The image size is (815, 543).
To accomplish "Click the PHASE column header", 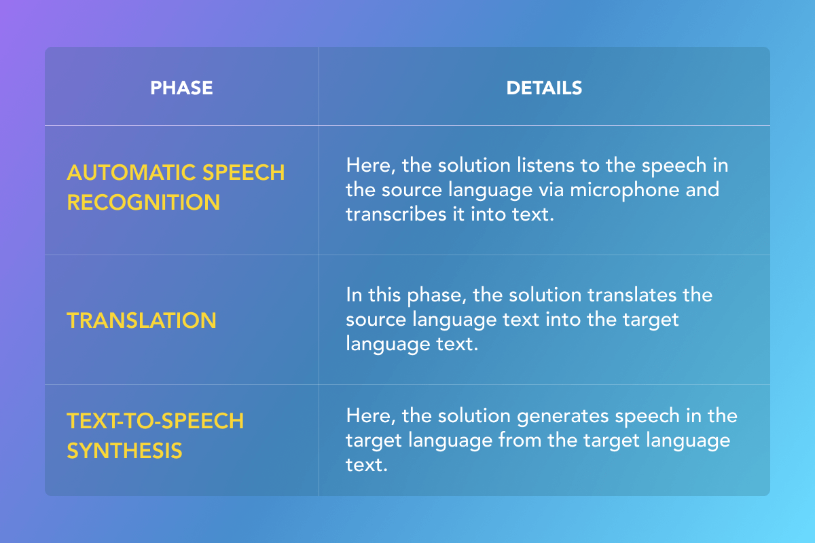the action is tap(181, 88).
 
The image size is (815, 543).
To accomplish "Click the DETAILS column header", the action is tap(544, 88).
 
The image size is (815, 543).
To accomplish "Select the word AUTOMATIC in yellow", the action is tap(131, 172).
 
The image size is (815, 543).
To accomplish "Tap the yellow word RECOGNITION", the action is tap(143, 202).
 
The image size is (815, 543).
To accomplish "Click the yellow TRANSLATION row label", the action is tap(141, 320).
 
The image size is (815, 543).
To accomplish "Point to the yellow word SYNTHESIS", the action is tap(124, 451).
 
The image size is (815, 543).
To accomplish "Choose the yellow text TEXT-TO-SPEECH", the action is tap(156, 421).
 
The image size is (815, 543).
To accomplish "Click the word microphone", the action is tap(624, 191).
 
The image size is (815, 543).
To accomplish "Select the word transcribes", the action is tap(396, 214).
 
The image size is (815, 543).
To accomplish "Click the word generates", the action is tap(562, 417).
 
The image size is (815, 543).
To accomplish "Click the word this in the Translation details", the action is tap(384, 295).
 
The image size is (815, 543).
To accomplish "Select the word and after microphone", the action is tap(702, 189).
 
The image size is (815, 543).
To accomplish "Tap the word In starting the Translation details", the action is tap(354, 295).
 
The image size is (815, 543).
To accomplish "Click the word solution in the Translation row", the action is tap(545, 295).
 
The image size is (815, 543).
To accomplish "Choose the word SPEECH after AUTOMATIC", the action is tap(243, 172).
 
